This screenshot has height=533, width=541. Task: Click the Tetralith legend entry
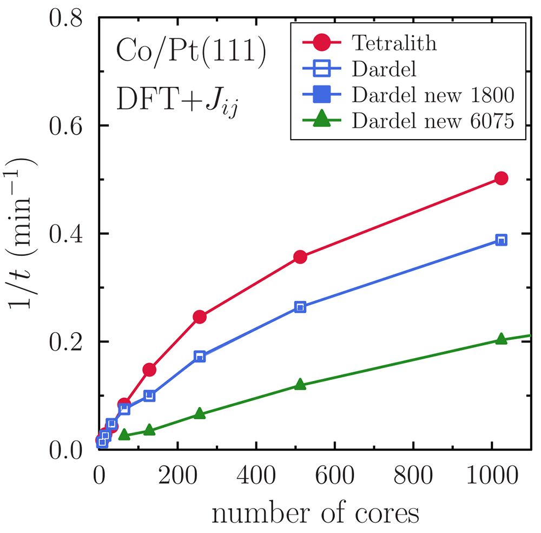pyautogui.click(x=394, y=42)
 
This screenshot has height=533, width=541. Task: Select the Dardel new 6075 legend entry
pyautogui.click(x=431, y=122)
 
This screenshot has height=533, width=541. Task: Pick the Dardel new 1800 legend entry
pyautogui.click(x=432, y=96)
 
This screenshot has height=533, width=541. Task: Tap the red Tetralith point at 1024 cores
pyautogui.click(x=501, y=179)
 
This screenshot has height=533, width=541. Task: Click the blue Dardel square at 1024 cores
pyautogui.click(x=501, y=240)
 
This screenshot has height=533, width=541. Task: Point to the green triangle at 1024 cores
pyautogui.click(x=501, y=339)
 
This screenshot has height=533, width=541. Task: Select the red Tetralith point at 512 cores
pyautogui.click(x=300, y=257)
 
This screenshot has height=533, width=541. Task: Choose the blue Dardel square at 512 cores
pyautogui.click(x=300, y=307)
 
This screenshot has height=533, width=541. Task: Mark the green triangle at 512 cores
pyautogui.click(x=300, y=385)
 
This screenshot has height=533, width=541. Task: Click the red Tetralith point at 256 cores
pyautogui.click(x=200, y=317)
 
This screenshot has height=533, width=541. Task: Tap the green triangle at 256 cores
pyautogui.click(x=200, y=414)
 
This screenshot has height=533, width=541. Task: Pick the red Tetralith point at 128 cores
pyautogui.click(x=149, y=370)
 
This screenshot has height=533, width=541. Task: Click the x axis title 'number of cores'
pyautogui.click(x=315, y=513)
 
